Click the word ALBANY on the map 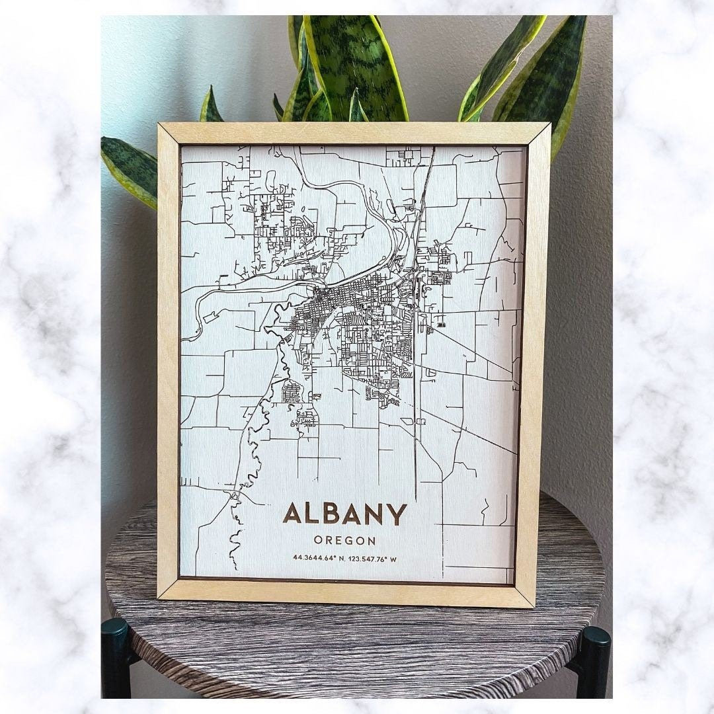pos(344,514)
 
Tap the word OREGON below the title pos(345,541)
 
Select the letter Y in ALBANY pos(397,514)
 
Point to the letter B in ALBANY pos(331,514)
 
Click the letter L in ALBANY pos(312,514)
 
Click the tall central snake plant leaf pos(357,66)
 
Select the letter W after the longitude pos(393,559)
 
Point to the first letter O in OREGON pos(319,541)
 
